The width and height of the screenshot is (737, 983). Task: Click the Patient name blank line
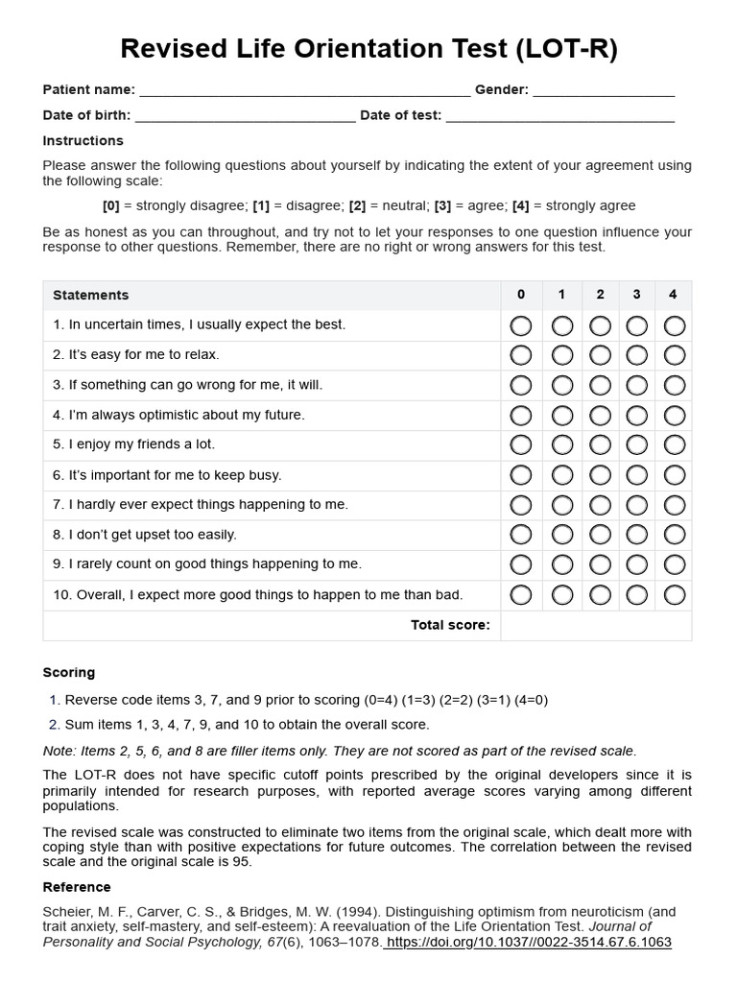(304, 91)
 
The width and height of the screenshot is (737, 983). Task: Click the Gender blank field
(603, 91)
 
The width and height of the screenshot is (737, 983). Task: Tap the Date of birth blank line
(245, 117)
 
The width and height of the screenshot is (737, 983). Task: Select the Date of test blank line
(559, 117)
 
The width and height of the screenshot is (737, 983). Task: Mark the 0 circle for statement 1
(521, 325)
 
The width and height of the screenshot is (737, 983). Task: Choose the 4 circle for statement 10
(675, 595)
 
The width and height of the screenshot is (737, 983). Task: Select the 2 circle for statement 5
(600, 445)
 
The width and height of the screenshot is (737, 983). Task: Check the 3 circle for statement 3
(637, 386)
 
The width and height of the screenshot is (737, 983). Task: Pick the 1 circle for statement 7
(562, 505)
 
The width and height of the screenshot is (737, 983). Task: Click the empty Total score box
(595, 625)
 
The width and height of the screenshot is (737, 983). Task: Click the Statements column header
(90, 295)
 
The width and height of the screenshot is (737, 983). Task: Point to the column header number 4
(673, 295)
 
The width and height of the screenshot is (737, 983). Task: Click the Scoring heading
(69, 672)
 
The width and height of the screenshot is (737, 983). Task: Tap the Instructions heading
(83, 141)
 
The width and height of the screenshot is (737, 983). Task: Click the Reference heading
(77, 887)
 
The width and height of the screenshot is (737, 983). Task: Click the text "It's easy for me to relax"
(143, 355)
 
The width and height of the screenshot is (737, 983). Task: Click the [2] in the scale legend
(357, 205)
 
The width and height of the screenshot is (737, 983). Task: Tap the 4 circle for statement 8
(675, 535)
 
